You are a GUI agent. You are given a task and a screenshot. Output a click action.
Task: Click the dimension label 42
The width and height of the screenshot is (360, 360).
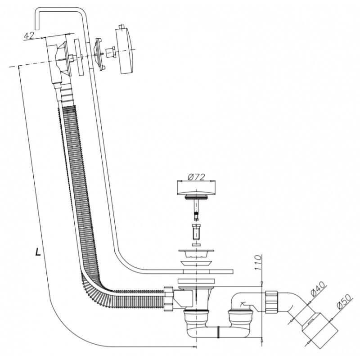coord(29,36)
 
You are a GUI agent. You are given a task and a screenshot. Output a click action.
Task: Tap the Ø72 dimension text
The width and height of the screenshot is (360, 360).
coord(196,177)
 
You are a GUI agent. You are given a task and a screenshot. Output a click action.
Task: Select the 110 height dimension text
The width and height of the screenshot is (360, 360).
coord(258,262)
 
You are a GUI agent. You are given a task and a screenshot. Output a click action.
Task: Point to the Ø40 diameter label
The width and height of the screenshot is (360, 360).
coord(318,289)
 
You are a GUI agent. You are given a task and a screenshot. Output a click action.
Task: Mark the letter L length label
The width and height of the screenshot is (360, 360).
coord(38,252)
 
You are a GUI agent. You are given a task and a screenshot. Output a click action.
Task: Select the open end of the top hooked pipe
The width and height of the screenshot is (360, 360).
coord(37,29)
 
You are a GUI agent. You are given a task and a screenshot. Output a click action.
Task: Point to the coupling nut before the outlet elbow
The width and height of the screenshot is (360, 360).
coord(271,301)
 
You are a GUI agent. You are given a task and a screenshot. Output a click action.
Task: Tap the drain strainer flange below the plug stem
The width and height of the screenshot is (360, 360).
coord(196,254)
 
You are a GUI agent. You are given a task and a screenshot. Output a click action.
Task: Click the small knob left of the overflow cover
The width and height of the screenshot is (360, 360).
coord(111,53)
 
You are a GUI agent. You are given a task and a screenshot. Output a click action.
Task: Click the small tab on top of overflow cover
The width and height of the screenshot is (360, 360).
coord(122,27)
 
